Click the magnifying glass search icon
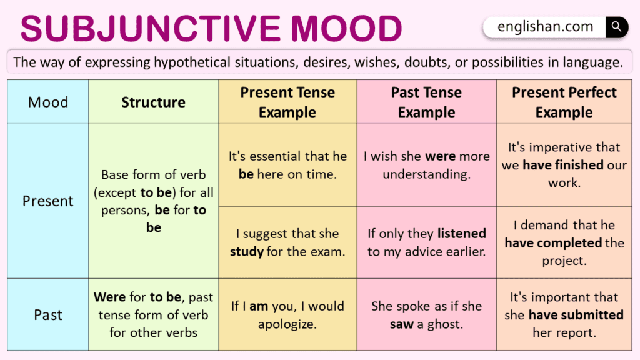(616, 27)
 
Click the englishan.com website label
(545, 27)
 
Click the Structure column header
(153, 102)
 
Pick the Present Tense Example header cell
(287, 102)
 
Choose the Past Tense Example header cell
(426, 102)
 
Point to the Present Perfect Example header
(564, 102)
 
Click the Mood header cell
(48, 102)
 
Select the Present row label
(48, 201)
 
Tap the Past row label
(48, 315)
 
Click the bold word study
(246, 252)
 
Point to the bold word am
(258, 306)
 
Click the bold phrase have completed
(553, 243)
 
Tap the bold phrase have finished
(562, 165)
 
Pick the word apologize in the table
(287, 325)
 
